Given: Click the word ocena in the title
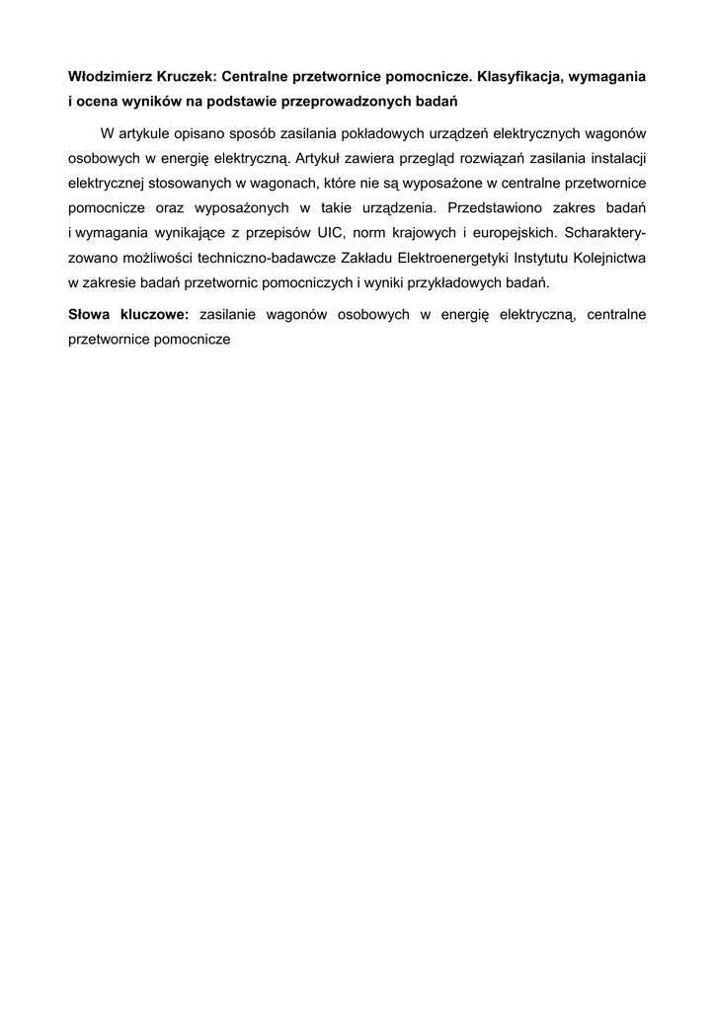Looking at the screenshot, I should (x=99, y=102).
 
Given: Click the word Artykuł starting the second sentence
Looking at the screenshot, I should (x=319, y=158).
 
